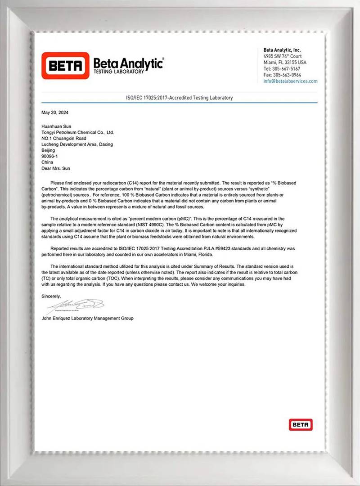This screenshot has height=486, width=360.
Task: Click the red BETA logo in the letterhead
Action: pyautogui.click(x=65, y=66)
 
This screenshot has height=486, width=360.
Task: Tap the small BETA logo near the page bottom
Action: pyautogui.click(x=300, y=424)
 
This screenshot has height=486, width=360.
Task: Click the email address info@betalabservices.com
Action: pyautogui.click(x=290, y=81)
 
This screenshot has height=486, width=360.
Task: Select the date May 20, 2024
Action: pyautogui.click(x=55, y=112)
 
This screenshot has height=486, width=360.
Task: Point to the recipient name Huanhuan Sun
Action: pyautogui.click(x=56, y=127)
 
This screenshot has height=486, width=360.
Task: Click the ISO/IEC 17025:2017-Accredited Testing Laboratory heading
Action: pyautogui.click(x=180, y=98)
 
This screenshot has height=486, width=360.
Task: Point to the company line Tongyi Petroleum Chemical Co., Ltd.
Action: pyautogui.click(x=78, y=133)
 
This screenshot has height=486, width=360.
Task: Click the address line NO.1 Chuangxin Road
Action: pyautogui.click(x=63, y=139)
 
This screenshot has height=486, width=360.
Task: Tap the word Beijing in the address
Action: pyautogui.click(x=48, y=150)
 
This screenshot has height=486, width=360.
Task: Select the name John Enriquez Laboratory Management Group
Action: pyautogui.click(x=87, y=318)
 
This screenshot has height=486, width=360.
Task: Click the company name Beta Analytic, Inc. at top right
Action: pyautogui.click(x=282, y=50)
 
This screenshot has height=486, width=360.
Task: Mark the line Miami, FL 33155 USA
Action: pyautogui.click(x=285, y=62)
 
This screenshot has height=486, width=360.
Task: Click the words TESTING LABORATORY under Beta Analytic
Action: pyautogui.click(x=119, y=71)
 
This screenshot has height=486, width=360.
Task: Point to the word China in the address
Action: pyautogui.click(x=47, y=162)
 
